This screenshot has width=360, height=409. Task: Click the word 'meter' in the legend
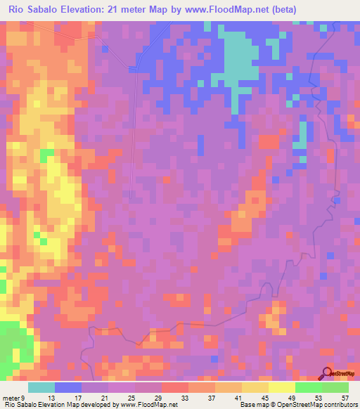[x=11, y=397]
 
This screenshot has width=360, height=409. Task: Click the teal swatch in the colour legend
[x=41, y=387]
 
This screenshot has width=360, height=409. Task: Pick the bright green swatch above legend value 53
[x=308, y=387]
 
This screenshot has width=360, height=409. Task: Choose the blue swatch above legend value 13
[x=68, y=387]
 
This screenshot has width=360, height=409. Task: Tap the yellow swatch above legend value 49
[x=281, y=387]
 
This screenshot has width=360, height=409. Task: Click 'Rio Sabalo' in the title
[x=35, y=9]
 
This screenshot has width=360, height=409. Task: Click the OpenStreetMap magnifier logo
[x=327, y=374]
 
